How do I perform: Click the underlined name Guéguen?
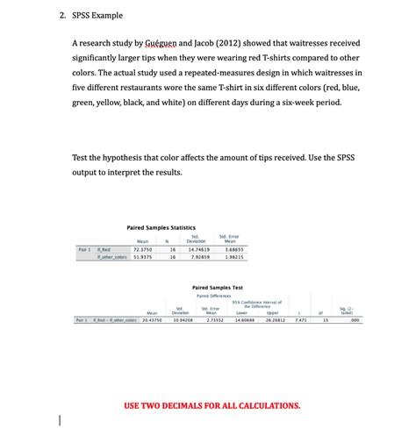[x=178, y=43]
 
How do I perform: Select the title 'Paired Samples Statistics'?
[x=161, y=226]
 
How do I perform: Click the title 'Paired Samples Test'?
[x=217, y=287]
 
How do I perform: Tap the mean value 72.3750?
[x=142, y=250]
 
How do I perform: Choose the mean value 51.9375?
[x=142, y=258]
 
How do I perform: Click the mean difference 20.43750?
[x=152, y=320]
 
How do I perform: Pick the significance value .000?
[x=355, y=320]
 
